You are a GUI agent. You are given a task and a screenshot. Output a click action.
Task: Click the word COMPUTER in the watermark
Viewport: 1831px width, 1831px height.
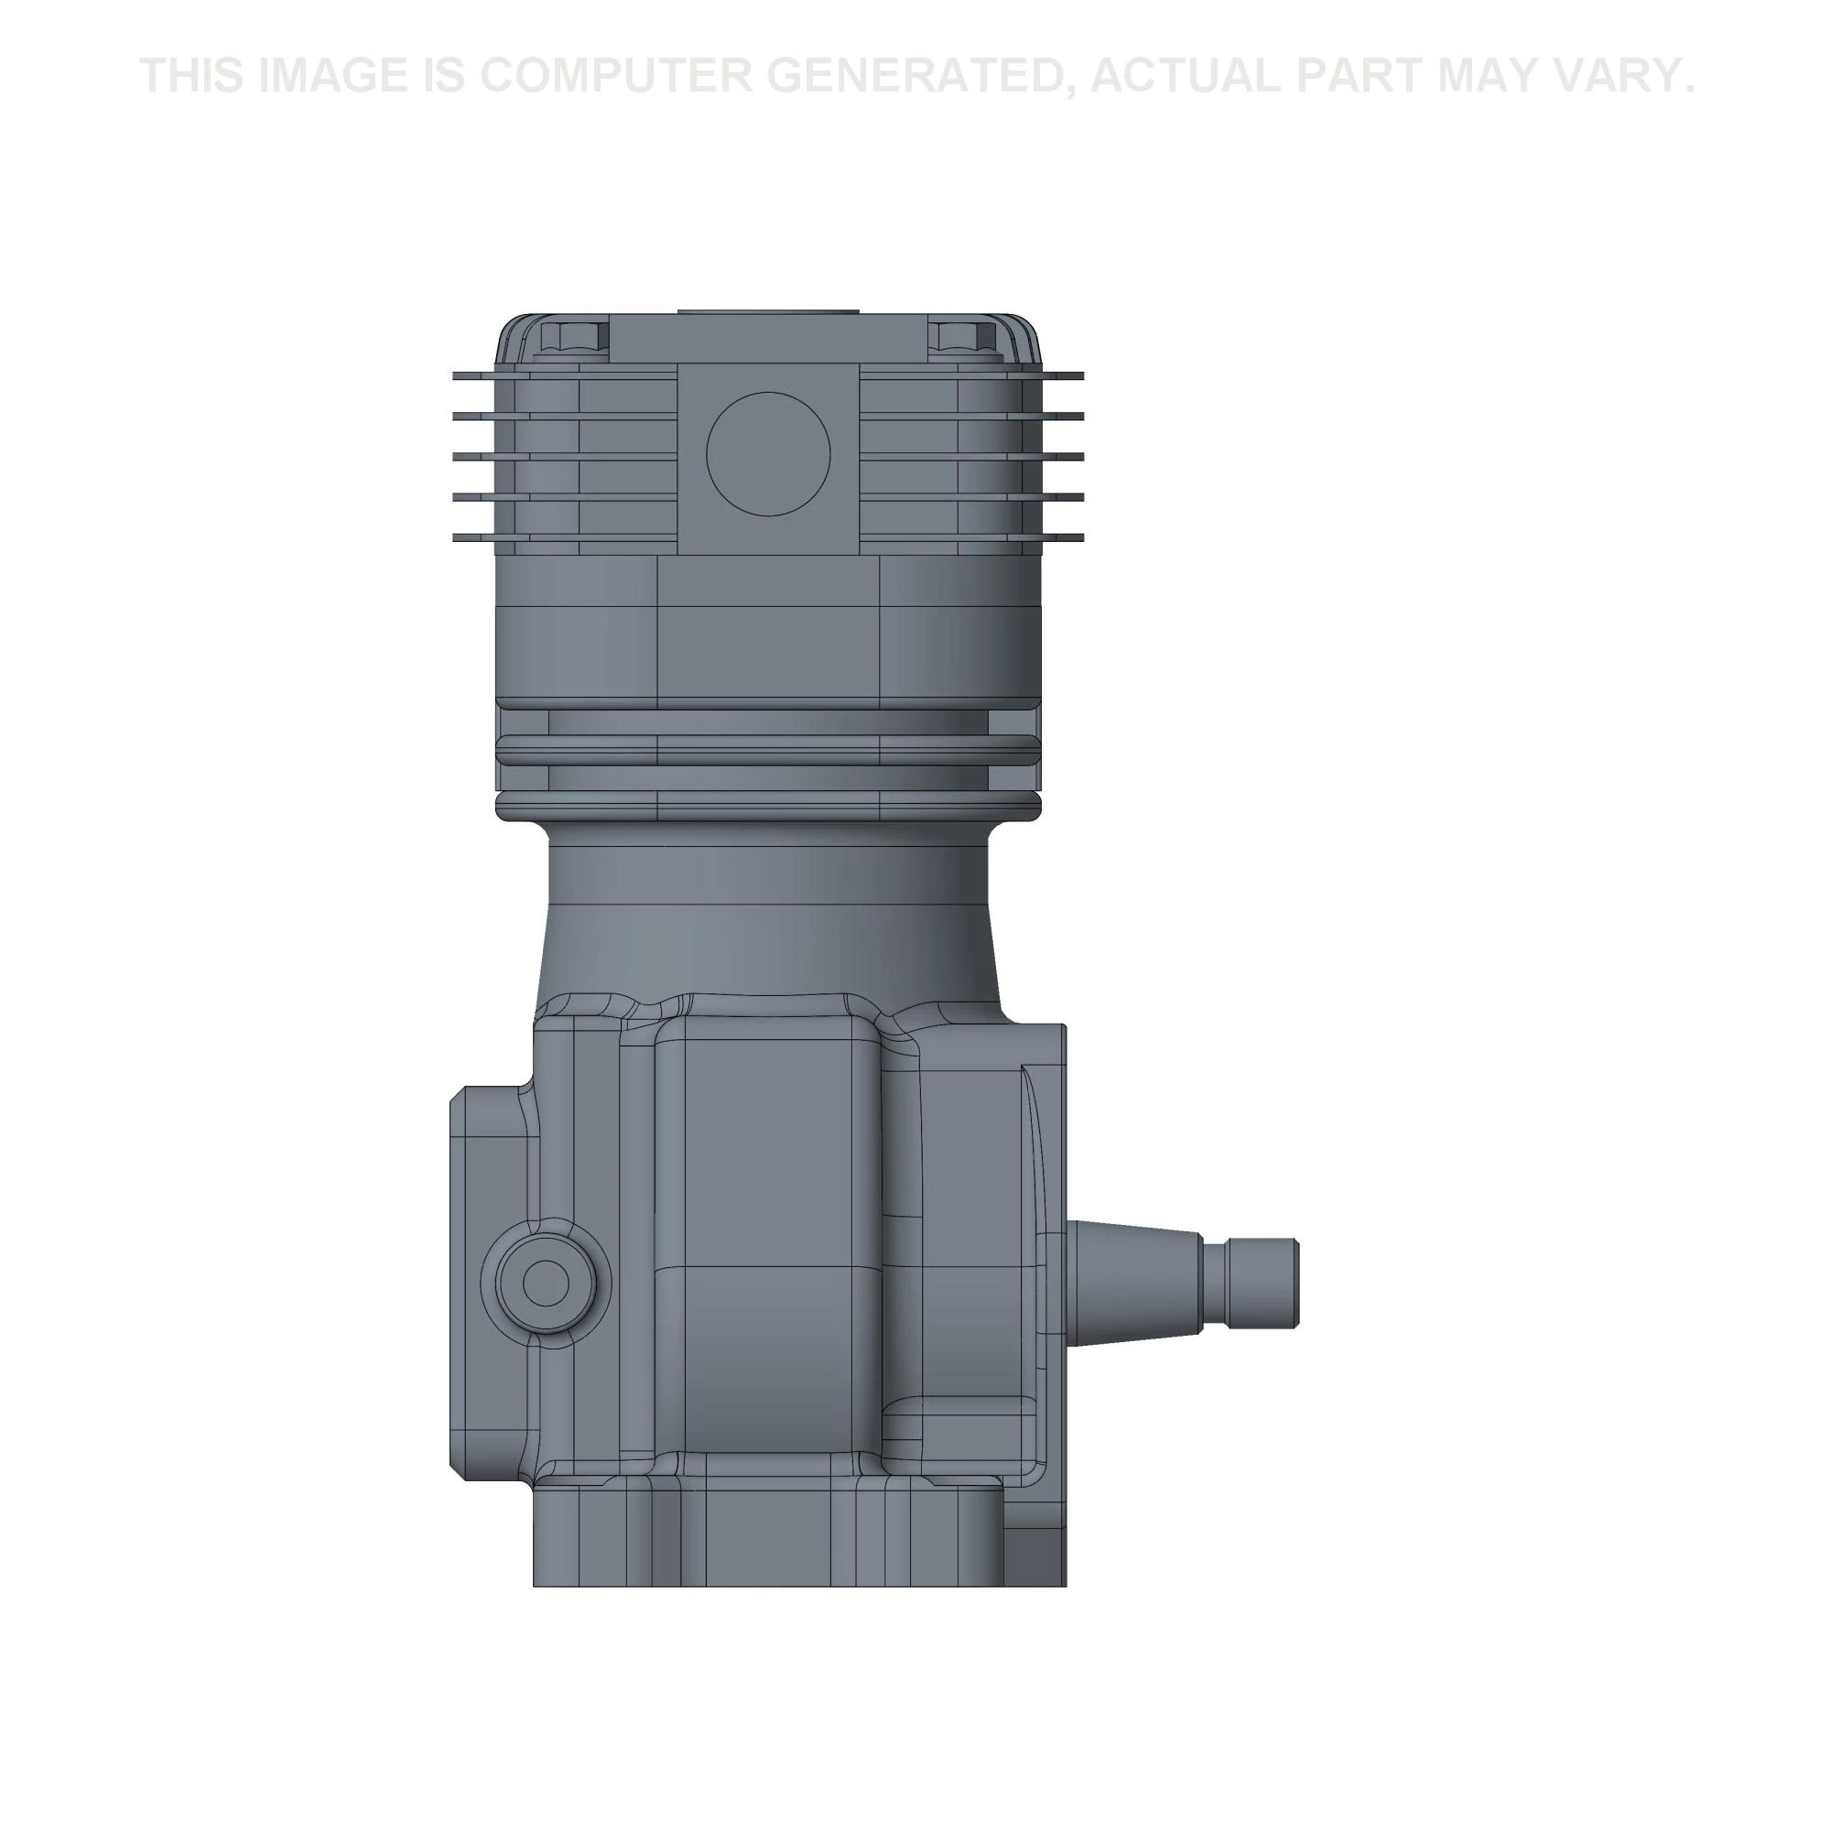pyautogui.click(x=629, y=76)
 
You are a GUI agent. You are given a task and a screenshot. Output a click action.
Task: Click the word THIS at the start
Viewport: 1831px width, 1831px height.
pyautogui.click(x=191, y=76)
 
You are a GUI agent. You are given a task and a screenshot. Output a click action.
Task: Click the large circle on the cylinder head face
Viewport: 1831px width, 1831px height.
pyautogui.click(x=768, y=454)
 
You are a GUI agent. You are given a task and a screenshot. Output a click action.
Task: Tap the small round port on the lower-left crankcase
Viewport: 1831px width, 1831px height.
pyautogui.click(x=546, y=1284)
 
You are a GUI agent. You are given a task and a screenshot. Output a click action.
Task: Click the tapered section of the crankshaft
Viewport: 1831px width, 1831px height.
pyautogui.click(x=1132, y=1284)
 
